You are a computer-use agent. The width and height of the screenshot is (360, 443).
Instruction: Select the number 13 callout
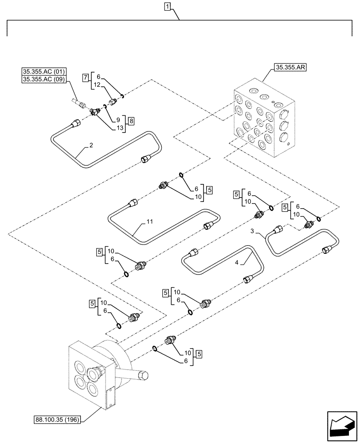[119, 128]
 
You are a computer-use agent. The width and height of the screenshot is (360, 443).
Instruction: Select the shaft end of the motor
[144, 376]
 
